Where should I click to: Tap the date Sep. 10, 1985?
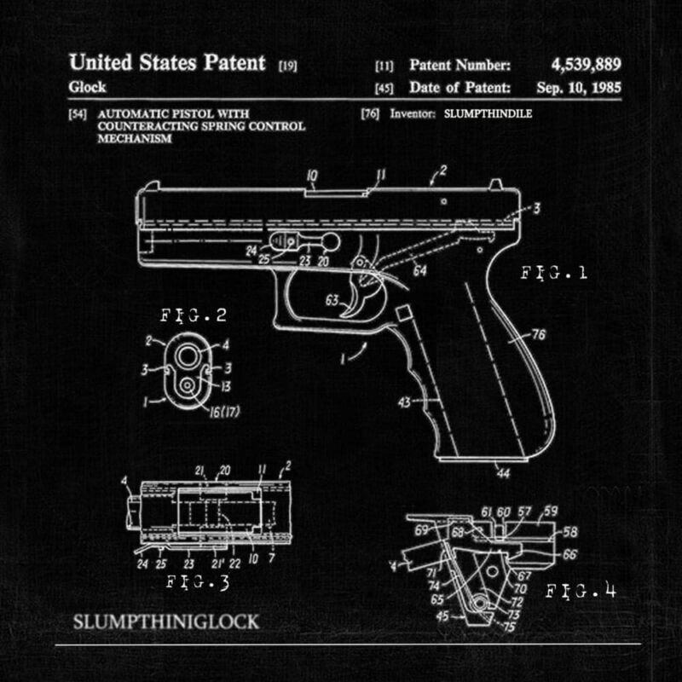(x=579, y=87)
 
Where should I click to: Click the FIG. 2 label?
(x=194, y=316)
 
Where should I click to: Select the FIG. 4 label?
(x=581, y=590)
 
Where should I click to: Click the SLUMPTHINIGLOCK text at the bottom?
(x=167, y=621)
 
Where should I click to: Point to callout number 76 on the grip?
(x=538, y=335)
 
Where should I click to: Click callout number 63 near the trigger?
(x=332, y=298)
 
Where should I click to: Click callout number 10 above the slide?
(x=311, y=176)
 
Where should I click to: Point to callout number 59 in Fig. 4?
(x=551, y=511)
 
